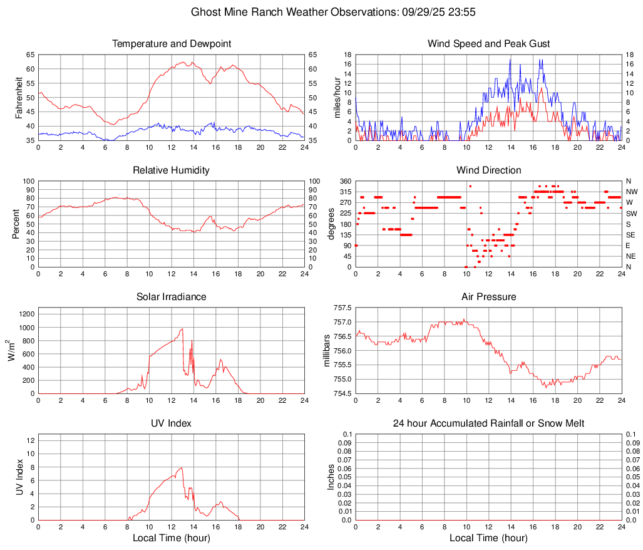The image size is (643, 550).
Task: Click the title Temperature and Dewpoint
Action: coord(171,44)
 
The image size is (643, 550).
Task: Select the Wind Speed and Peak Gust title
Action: coord(488,44)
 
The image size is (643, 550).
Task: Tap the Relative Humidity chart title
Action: coord(171,170)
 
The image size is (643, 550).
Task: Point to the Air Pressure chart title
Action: coord(488,297)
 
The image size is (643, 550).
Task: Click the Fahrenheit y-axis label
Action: coord(19,98)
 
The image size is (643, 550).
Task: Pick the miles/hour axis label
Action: coord(337,98)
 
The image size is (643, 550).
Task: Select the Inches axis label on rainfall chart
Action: coord(332,477)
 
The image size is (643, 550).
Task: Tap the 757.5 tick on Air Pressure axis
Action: coord(342,308)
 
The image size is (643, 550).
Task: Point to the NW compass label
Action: coord(632,192)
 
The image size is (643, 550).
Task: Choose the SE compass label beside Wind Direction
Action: coord(631,235)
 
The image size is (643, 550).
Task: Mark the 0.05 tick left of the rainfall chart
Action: coord(344,477)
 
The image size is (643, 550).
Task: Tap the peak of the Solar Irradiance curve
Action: coord(182,328)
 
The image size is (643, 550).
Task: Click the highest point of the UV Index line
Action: coord(182,468)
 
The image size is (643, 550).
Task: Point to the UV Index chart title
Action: coord(171,423)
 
